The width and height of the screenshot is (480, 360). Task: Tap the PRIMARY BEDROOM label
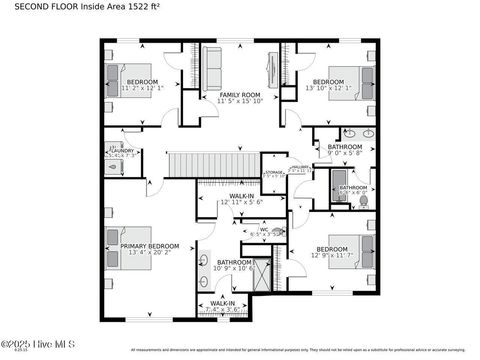tap(150, 245)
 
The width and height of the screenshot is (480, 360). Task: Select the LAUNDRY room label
tap(123, 150)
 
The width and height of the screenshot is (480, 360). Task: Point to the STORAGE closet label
tap(274, 171)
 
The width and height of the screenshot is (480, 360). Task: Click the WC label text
tap(264, 229)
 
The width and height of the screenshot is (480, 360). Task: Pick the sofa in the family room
tap(212, 67)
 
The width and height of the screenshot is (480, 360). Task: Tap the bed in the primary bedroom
tap(121, 248)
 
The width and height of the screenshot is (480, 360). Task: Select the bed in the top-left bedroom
tap(113, 79)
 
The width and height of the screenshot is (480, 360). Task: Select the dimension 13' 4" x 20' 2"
tap(150, 252)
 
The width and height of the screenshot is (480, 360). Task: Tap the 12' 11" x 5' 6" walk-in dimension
tap(241, 202)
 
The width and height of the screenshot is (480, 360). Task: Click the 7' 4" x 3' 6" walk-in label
tap(222, 309)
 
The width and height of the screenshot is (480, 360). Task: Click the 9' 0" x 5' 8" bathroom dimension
tap(345, 154)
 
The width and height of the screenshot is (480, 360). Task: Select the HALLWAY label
tap(299, 167)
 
